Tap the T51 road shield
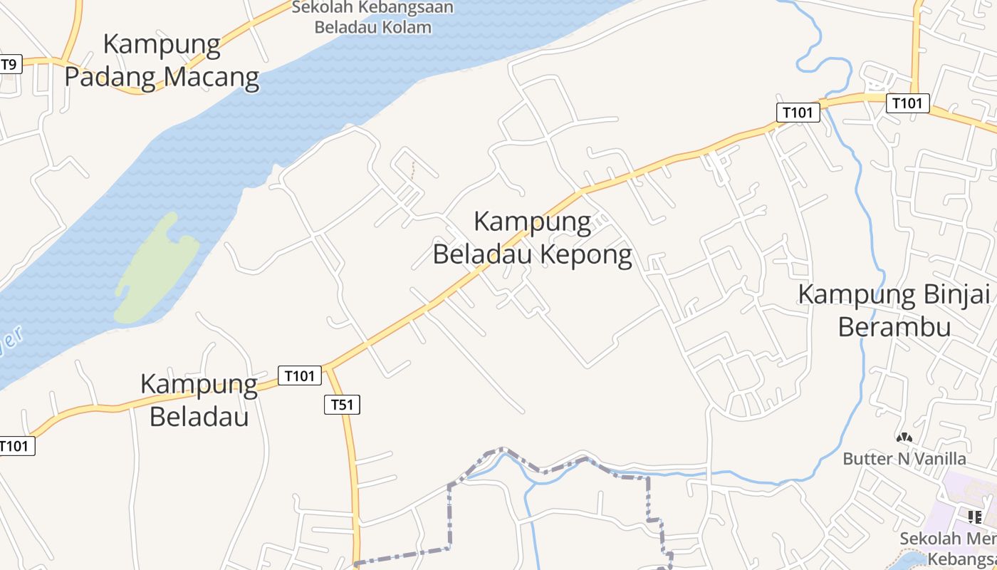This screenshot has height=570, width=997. (342, 405)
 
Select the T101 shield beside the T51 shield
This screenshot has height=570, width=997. (299, 375)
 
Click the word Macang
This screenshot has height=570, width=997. (212, 76)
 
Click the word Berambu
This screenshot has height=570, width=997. (894, 327)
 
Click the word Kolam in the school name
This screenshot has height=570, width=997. (409, 28)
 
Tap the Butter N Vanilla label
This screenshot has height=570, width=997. (904, 458)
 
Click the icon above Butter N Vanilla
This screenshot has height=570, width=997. (904, 438)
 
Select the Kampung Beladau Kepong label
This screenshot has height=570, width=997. (532, 238)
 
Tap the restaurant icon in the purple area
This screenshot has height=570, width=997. (975, 517)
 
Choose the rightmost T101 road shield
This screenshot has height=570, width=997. (907, 103)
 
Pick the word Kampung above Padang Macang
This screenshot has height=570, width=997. (162, 43)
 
